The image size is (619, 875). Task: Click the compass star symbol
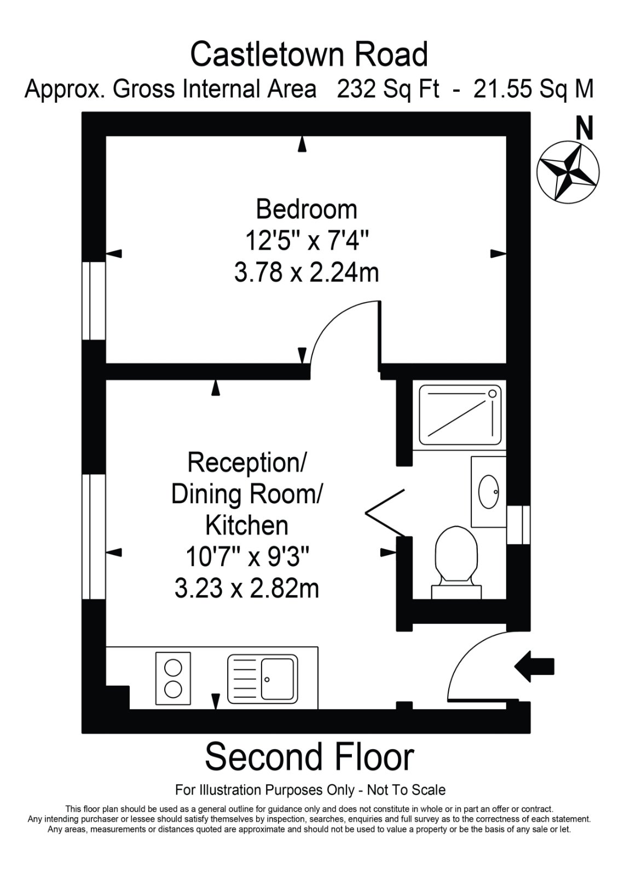tap(568, 172)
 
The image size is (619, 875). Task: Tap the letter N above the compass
tap(585, 128)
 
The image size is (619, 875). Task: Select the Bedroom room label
tap(306, 209)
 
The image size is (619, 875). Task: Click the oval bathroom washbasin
tap(489, 492)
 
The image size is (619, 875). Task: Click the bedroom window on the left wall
tap(94, 301)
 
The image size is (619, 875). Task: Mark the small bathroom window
tap(518, 525)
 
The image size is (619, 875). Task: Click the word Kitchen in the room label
tap(247, 526)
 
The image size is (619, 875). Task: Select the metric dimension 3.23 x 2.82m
tap(247, 588)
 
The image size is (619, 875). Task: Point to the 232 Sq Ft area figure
tap(387, 90)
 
